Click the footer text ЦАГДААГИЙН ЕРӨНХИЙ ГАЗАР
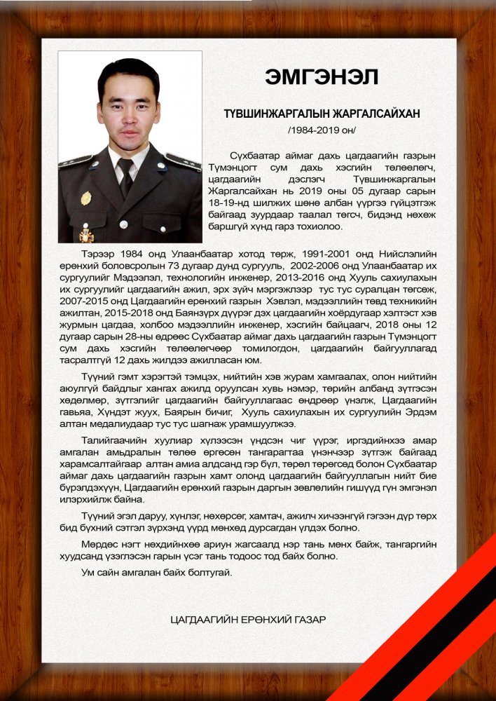[248, 620]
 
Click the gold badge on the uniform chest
[85, 198]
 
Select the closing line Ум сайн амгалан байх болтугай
[157, 573]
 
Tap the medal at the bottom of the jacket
[86, 233]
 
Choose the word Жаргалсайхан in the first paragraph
[240, 191]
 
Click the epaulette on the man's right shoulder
[74, 161]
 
